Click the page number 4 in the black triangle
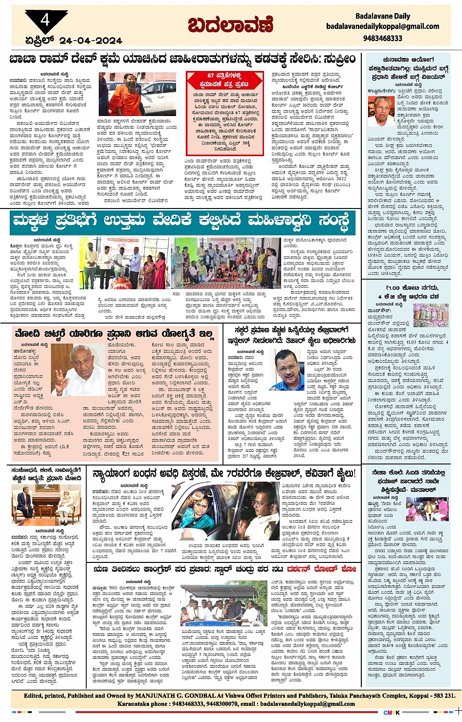[45, 20]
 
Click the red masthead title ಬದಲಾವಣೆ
[231, 24]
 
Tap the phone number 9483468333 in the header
[383, 38]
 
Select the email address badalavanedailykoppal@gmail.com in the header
[383, 26]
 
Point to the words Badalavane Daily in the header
[383, 16]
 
